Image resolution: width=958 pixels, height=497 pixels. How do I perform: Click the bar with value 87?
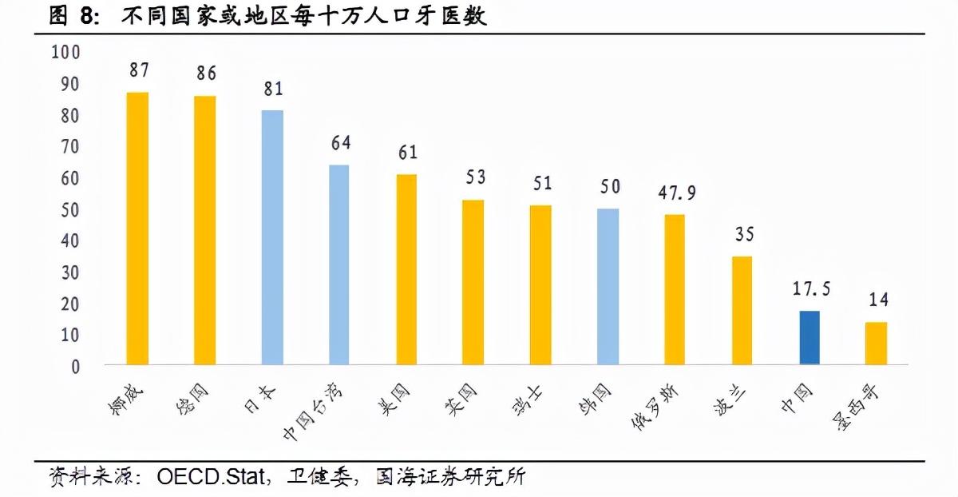(137, 228)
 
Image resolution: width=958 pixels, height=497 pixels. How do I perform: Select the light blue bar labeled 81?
(272, 237)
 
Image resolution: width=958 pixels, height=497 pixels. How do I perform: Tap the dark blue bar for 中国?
(810, 337)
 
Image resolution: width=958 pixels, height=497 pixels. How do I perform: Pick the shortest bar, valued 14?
(876, 343)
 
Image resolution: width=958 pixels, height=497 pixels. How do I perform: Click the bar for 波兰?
(742, 310)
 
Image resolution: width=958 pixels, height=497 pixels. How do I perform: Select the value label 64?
(340, 144)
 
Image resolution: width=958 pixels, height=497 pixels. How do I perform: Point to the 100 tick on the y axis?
(65, 53)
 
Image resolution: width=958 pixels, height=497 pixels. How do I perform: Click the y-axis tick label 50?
(70, 209)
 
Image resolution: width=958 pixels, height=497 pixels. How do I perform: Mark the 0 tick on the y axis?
(76, 367)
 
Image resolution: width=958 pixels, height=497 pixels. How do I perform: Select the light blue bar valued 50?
(608, 286)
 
